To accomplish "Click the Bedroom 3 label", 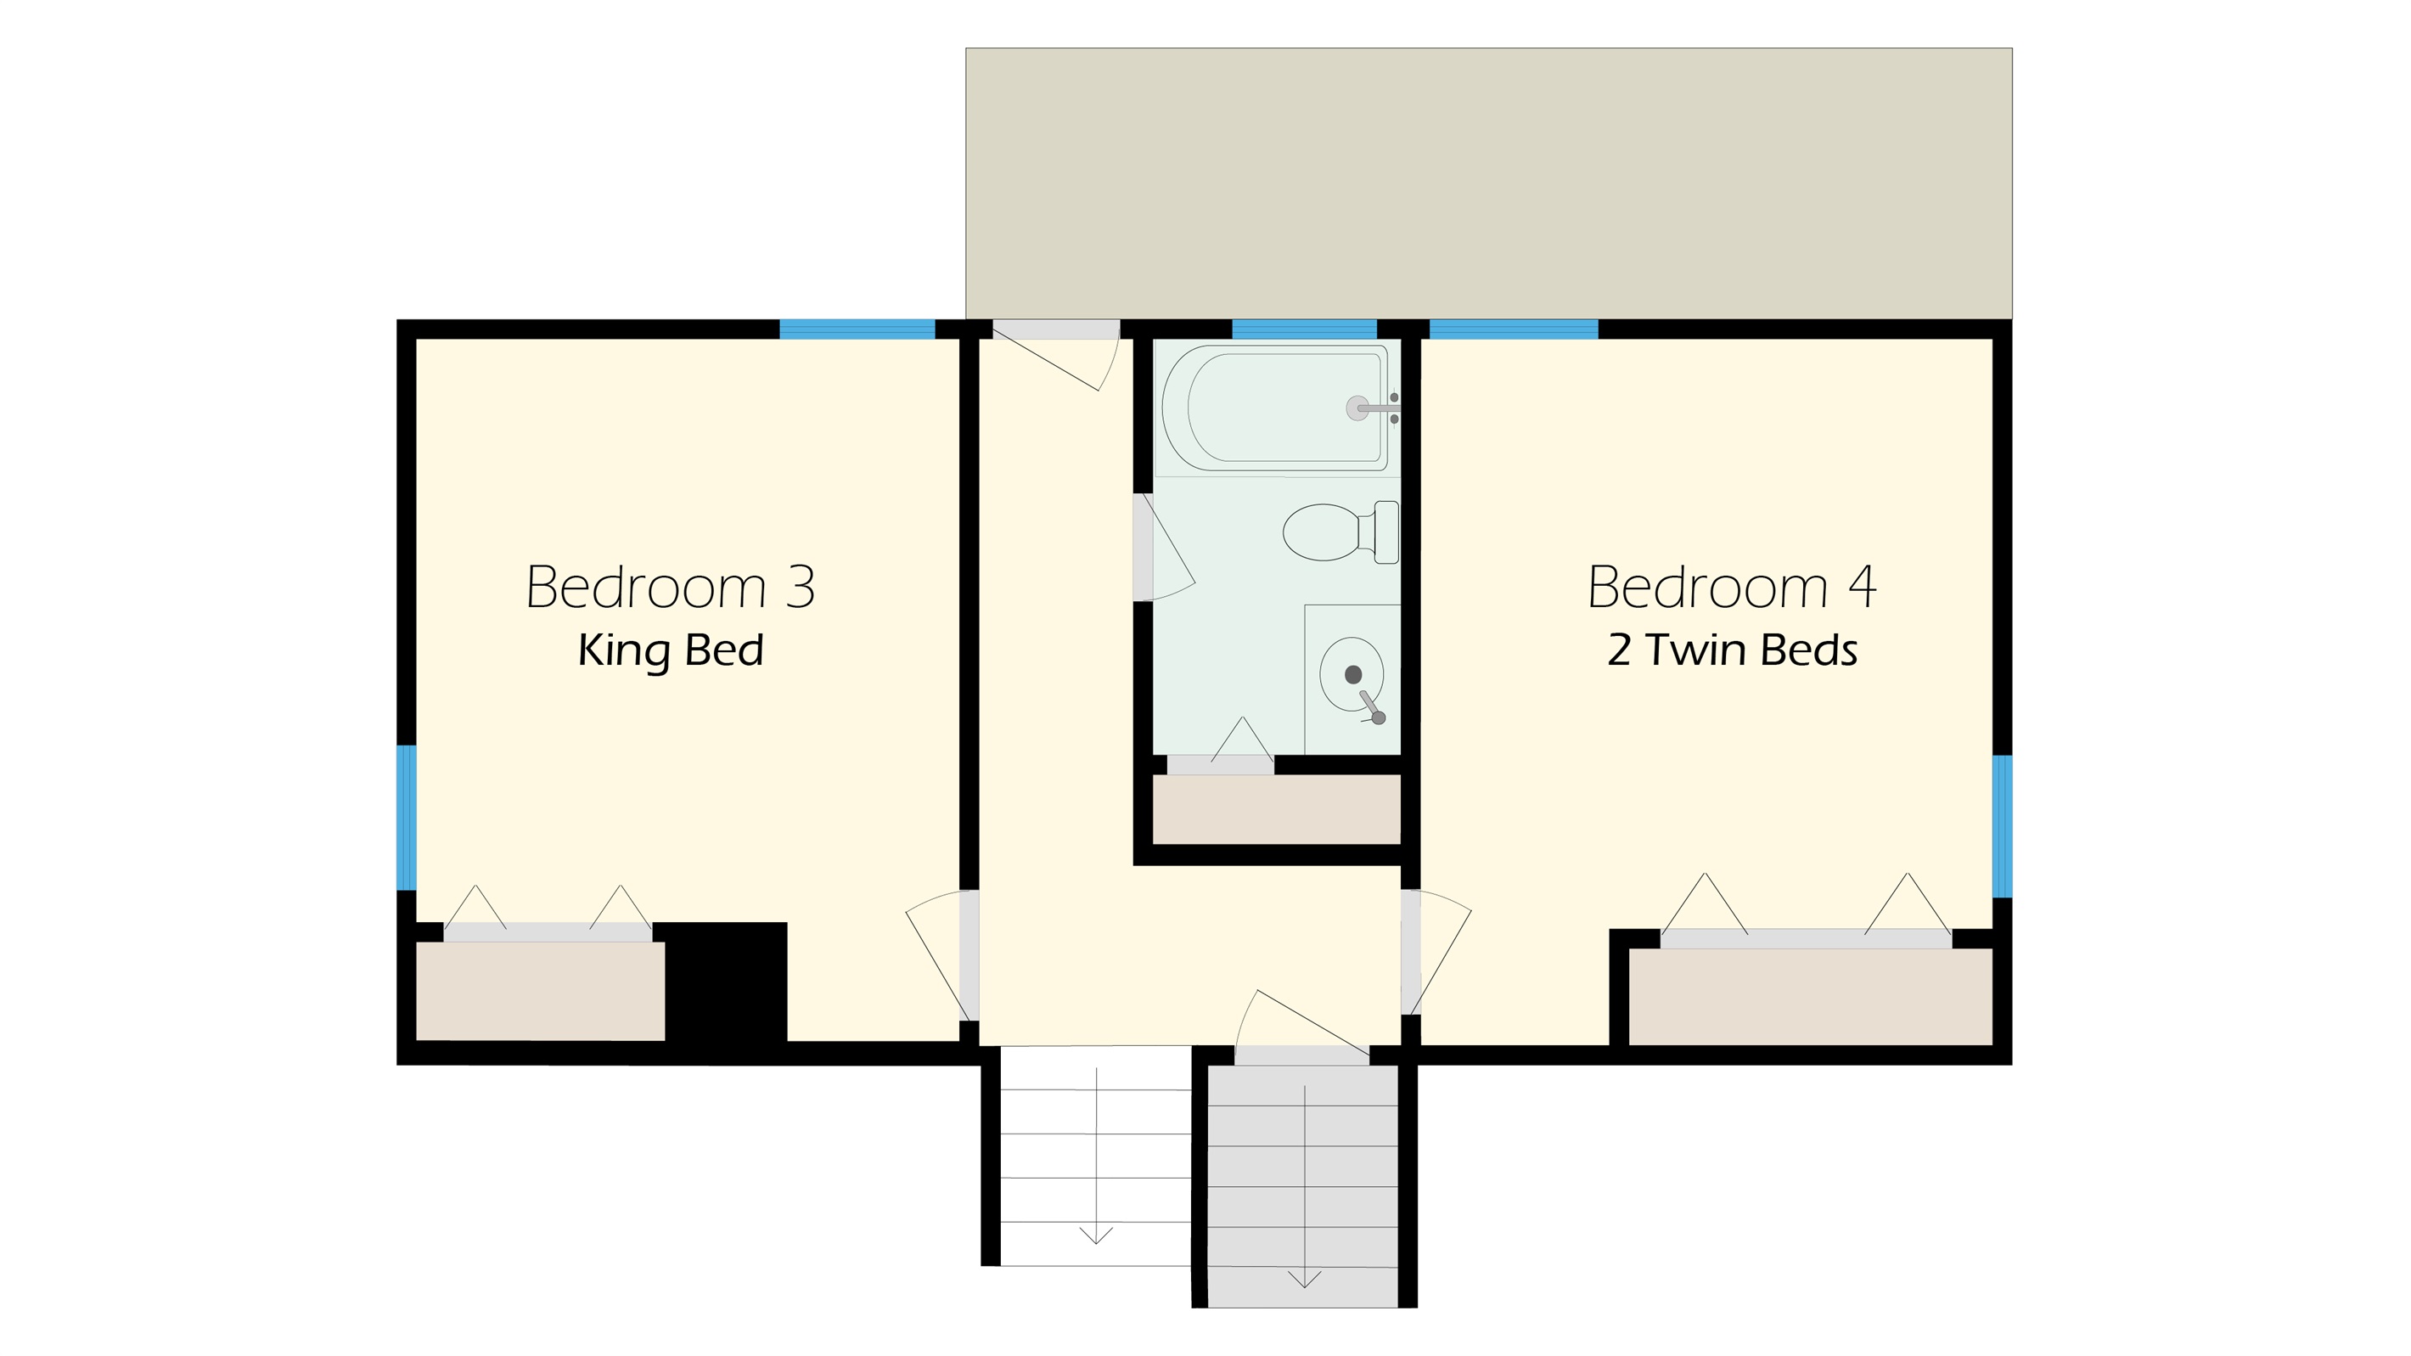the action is tap(670, 587).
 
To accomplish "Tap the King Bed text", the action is tap(670, 650).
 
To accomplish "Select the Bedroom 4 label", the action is tap(1732, 587).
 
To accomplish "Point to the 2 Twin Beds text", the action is tap(1732, 650).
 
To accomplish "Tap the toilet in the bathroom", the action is tap(1340, 532).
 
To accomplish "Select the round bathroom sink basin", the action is tap(1352, 674).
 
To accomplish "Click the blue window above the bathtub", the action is tap(1304, 329).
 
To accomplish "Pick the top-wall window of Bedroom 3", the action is tap(857, 329).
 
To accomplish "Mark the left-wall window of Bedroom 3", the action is tap(406, 817).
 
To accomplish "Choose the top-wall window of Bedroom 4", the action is tap(1514, 329).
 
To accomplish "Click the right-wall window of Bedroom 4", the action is tap(2002, 826).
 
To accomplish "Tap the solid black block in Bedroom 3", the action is tap(725, 982).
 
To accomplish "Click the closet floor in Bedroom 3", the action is tap(540, 990).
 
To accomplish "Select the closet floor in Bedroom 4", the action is tap(1810, 997).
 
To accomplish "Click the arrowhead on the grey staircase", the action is tap(1305, 1280).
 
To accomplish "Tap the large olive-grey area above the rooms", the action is tap(1488, 183).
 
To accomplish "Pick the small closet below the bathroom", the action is tap(1277, 808).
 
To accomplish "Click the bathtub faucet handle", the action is tap(1377, 408).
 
